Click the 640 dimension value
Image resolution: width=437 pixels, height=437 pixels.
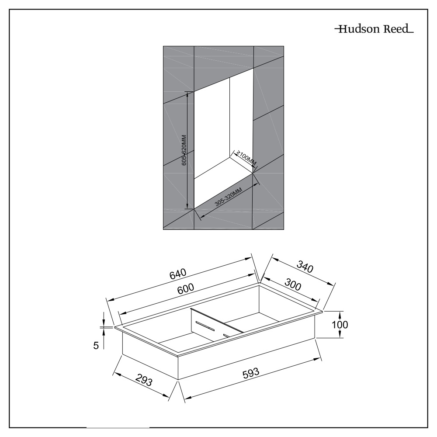178,274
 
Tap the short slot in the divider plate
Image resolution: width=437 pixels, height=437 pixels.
226,335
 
